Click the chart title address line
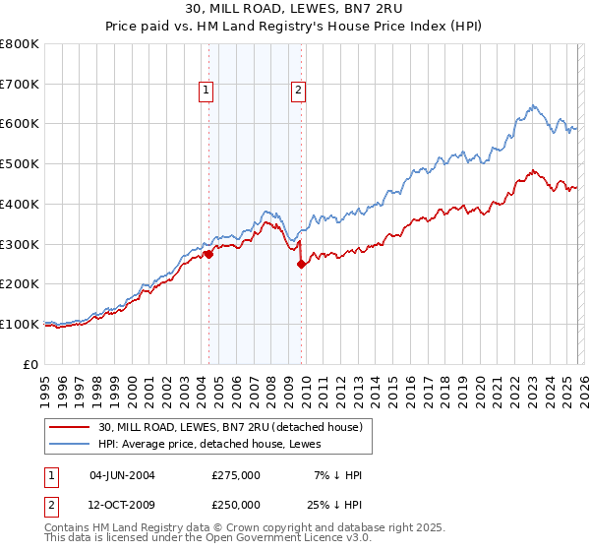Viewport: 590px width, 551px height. coord(294,9)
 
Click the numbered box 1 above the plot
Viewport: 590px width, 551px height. coord(206,91)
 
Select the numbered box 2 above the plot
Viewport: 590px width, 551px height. coord(297,91)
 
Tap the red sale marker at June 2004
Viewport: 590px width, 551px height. coord(208,254)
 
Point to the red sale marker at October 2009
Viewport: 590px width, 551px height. coord(301,264)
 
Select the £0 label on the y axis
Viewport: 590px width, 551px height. coord(31,364)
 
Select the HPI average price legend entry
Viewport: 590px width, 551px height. coord(204,444)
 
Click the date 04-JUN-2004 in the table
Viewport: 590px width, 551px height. coord(122,475)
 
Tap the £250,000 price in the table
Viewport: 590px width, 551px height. coord(236,505)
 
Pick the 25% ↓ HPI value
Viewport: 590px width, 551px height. coord(334,505)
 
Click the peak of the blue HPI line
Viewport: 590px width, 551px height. coord(532,105)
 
